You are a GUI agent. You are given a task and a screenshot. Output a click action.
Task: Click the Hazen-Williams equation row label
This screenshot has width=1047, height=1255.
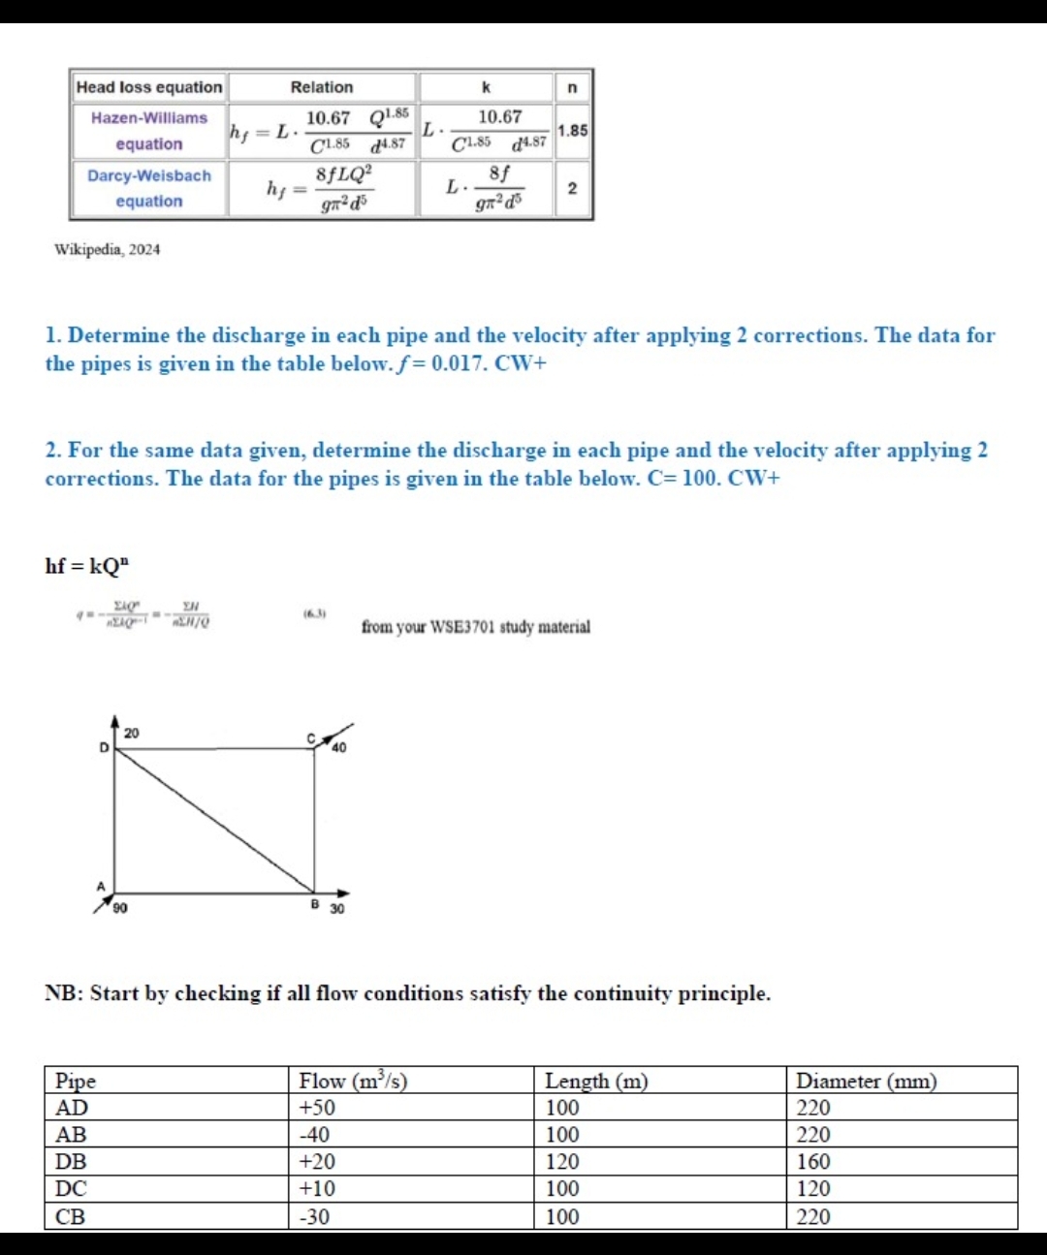(x=148, y=131)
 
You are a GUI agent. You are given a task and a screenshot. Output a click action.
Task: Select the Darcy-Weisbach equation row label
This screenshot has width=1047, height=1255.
(x=148, y=188)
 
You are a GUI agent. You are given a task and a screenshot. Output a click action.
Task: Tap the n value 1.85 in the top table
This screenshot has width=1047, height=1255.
(x=572, y=130)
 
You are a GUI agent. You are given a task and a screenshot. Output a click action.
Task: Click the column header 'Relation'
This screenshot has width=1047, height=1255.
(x=322, y=87)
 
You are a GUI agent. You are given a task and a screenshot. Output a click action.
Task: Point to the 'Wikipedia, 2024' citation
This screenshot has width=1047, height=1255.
(x=107, y=249)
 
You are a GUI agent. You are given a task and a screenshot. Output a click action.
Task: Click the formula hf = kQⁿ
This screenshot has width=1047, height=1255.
(x=87, y=566)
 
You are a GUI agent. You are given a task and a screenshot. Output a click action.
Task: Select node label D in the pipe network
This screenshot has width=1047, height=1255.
(x=104, y=747)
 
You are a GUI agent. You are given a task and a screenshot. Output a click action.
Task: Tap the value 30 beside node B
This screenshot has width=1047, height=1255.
(x=336, y=909)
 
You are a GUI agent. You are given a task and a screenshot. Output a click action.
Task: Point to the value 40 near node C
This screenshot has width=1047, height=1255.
(x=338, y=747)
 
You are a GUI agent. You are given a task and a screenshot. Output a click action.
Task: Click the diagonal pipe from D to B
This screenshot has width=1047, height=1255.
(x=213, y=819)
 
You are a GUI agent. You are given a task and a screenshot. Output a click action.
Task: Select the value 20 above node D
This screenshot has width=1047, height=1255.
(x=131, y=734)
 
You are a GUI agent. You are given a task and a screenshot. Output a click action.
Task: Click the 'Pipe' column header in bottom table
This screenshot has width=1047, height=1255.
(x=76, y=1081)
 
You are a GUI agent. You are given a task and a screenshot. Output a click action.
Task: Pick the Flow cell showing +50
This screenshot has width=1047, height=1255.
(x=317, y=1108)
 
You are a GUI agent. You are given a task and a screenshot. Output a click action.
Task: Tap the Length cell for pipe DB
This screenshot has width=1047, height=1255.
(x=562, y=1162)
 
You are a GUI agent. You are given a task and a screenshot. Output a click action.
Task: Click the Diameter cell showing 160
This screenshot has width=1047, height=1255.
(x=813, y=1162)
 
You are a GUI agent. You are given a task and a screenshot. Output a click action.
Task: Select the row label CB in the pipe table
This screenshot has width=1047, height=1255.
(x=70, y=1216)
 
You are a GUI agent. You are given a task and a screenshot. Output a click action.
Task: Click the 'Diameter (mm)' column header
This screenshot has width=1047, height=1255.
(x=866, y=1081)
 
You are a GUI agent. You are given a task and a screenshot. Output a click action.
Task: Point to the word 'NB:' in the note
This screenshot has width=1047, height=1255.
(x=64, y=993)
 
